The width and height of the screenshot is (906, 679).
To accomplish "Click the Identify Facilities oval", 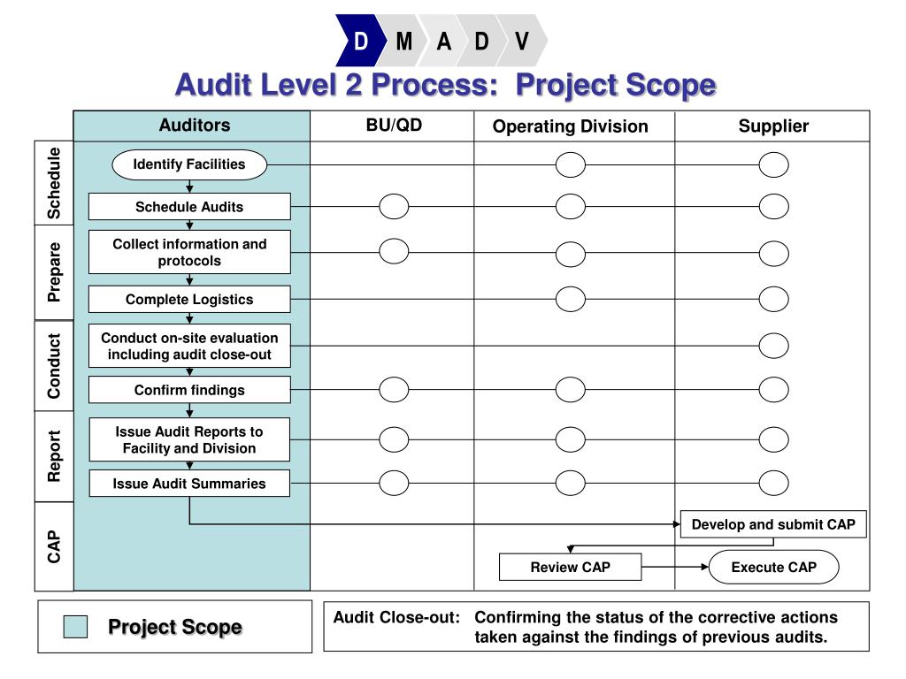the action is pyautogui.click(x=189, y=164).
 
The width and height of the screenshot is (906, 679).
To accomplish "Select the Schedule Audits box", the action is pyautogui.click(x=189, y=207).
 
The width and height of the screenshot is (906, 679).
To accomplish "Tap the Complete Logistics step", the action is pyautogui.click(x=189, y=299).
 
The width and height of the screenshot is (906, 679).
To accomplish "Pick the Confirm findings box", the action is pyautogui.click(x=189, y=390).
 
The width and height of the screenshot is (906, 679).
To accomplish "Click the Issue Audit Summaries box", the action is pyautogui.click(x=189, y=484).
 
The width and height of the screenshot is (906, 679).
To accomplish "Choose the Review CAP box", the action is pyautogui.click(x=570, y=567).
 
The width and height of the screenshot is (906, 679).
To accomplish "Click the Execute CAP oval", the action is pyautogui.click(x=773, y=567).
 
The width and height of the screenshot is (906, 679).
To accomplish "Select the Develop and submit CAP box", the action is pyautogui.click(x=773, y=524).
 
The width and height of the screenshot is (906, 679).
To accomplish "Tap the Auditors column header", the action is pyautogui.click(x=194, y=126).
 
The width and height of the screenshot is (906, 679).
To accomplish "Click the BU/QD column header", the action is pyautogui.click(x=394, y=126).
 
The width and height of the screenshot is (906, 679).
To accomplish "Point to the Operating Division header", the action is pyautogui.click(x=570, y=126).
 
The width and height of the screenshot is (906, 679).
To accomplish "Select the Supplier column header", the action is pyautogui.click(x=773, y=126).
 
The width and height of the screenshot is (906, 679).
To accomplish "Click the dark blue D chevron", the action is pyautogui.click(x=361, y=41).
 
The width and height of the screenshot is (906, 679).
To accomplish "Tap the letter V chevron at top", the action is pyautogui.click(x=523, y=41).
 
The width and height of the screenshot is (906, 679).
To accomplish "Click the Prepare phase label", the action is pyautogui.click(x=55, y=271).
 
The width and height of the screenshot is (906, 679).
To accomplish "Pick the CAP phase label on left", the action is pyautogui.click(x=55, y=546).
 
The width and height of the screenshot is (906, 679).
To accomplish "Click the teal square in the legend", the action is pyautogui.click(x=76, y=627).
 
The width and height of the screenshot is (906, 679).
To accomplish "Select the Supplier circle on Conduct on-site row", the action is pyautogui.click(x=773, y=346).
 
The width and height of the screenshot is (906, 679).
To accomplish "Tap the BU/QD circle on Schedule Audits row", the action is pyautogui.click(x=394, y=207).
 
